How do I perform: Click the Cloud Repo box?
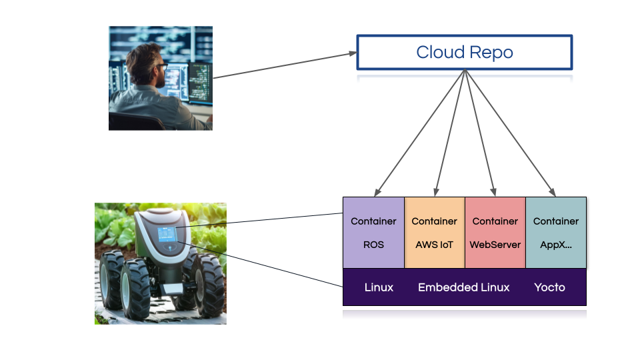point(465,52)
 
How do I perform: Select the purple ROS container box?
point(373,233)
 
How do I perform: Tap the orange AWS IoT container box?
point(434,233)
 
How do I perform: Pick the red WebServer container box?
point(495,233)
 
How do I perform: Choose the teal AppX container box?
point(556,233)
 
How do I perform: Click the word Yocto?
point(549,287)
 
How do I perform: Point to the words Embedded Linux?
point(463,287)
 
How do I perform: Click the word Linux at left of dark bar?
point(379,287)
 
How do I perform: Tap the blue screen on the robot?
point(166,235)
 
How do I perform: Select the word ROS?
point(373,245)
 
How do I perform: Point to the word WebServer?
point(495,245)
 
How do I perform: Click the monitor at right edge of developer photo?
point(201,83)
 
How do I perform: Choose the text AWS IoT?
point(434,245)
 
